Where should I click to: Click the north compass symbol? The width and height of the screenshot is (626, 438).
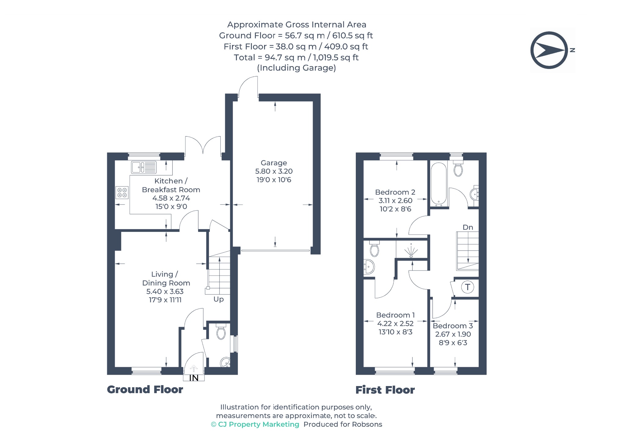point(550,50)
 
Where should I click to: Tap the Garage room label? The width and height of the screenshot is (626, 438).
point(274,163)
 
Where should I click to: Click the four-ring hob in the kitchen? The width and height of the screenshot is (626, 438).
point(122,193)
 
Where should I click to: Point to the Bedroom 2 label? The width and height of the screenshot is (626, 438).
point(395,192)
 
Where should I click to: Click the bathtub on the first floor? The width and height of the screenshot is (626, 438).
point(439,184)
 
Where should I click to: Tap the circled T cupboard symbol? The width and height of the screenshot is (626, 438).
point(467,287)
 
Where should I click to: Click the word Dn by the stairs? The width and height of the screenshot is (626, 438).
point(468,227)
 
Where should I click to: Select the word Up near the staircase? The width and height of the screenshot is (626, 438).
point(219,299)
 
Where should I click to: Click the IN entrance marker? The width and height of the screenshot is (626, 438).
point(194,378)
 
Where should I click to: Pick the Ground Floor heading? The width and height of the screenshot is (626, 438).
point(145,389)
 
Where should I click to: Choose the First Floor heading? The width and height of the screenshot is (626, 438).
point(385,390)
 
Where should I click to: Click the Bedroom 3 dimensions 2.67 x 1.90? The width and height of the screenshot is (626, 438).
point(453,334)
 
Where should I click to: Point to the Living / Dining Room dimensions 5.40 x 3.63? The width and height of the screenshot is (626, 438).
point(165,291)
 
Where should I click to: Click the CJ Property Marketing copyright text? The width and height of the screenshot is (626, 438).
point(255,424)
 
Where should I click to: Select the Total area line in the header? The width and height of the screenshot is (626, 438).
point(296,57)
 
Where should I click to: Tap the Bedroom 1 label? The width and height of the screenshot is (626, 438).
point(395,315)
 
